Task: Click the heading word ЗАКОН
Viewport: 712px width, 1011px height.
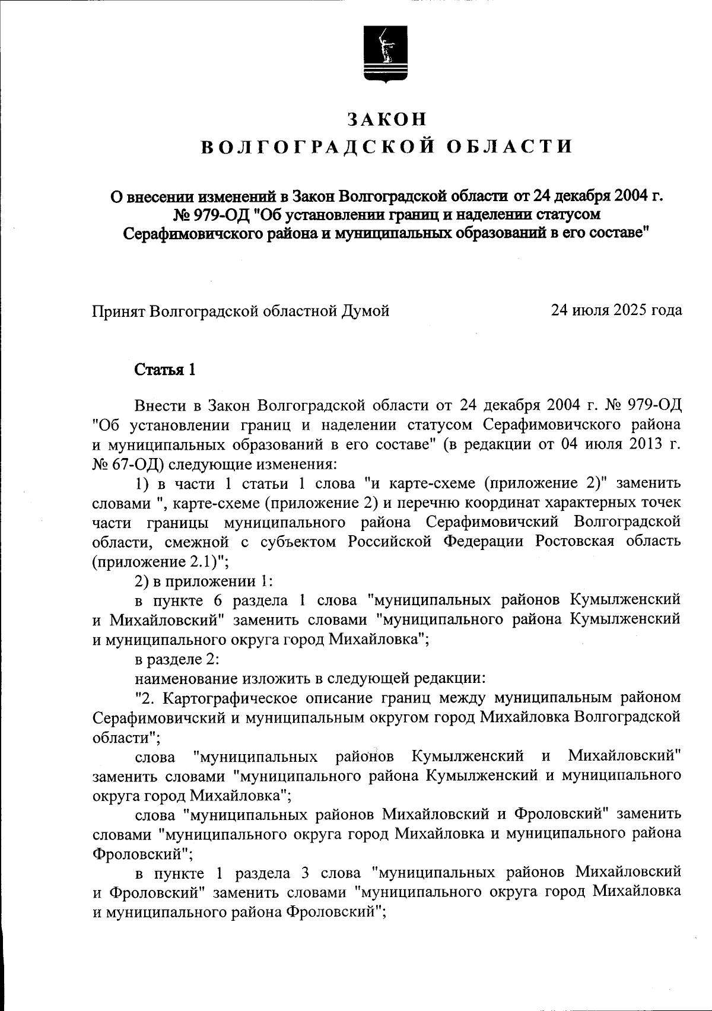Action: (x=387, y=119)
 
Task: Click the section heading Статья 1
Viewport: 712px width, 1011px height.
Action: (x=165, y=370)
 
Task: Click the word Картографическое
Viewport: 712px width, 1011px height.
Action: (x=236, y=697)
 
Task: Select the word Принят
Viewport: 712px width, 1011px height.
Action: (x=119, y=310)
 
